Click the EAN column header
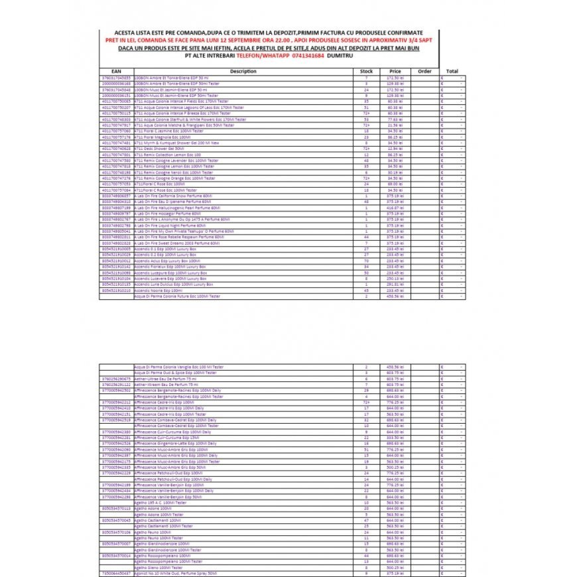pos(116,71)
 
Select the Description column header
pos(243,71)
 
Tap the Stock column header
pos(366,71)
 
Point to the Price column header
pos(395,71)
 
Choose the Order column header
pos(425,71)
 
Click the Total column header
pos(452,71)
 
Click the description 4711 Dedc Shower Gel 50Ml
pos(159,149)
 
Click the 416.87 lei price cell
pos(395,208)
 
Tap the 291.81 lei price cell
pos(395,285)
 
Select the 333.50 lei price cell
pos(395,437)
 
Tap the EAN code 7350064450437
pos(116,572)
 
